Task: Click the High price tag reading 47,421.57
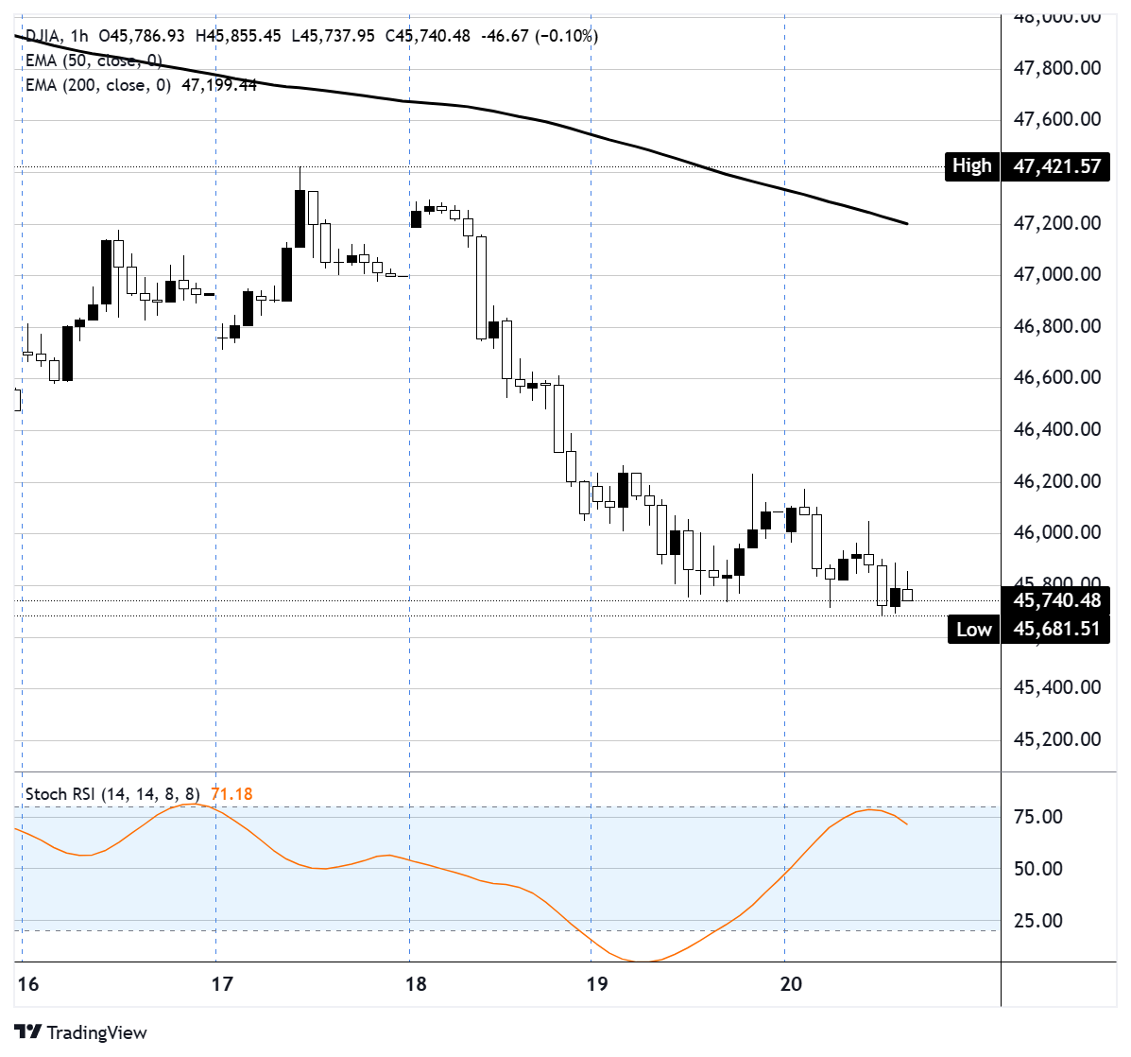point(1056,167)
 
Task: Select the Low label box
point(973,630)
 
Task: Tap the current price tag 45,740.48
point(1056,600)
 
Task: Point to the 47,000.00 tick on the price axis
point(1056,274)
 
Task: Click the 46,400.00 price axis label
point(1056,429)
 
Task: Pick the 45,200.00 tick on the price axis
point(1056,739)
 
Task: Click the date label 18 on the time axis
point(416,984)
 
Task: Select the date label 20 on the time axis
point(791,984)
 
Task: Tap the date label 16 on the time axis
point(28,984)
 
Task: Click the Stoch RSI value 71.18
point(231,794)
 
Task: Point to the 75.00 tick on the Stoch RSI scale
point(1037,817)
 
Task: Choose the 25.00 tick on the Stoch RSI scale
point(1037,921)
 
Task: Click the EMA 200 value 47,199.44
point(219,85)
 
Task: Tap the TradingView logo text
point(96,1032)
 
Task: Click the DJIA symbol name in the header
point(43,36)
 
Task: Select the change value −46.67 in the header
point(506,36)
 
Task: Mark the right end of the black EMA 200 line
point(906,224)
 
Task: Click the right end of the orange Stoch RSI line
point(906,824)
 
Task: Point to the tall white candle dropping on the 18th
point(481,286)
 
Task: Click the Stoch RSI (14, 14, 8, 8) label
point(112,794)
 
